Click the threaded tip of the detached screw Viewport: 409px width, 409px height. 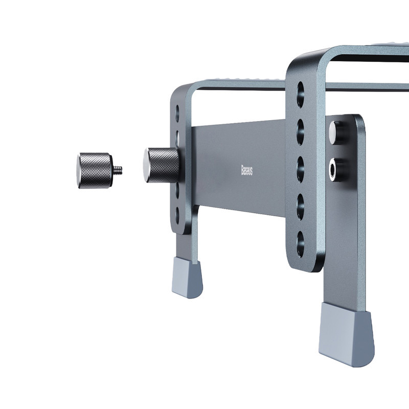click(118, 170)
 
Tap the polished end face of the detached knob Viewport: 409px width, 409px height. click(78, 171)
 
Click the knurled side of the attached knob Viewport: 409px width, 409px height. click(164, 165)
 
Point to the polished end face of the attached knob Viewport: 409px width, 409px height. click(146, 165)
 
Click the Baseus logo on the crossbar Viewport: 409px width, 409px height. click(246, 170)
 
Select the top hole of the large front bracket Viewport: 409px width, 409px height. click(301, 95)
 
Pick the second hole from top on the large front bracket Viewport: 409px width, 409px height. click(301, 132)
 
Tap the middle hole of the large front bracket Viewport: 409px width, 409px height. click(301, 169)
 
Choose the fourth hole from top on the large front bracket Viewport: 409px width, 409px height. click(301, 207)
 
